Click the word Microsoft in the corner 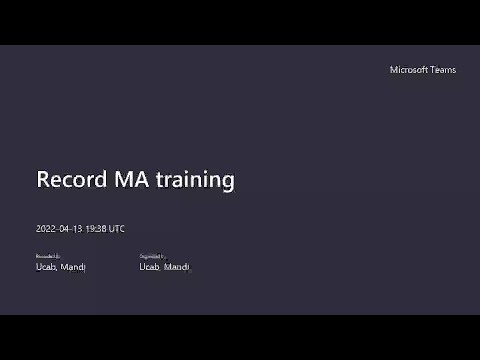[x=411, y=70]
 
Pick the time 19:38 [x=96, y=229]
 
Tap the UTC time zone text [x=117, y=229]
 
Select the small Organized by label [x=152, y=257]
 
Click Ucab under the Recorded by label [x=46, y=267]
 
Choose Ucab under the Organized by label [x=150, y=267]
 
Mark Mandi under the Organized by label [x=176, y=267]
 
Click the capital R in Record [x=43, y=180]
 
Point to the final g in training [x=228, y=183]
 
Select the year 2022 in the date [x=46, y=229]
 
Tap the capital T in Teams [x=434, y=70]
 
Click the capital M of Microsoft [x=393, y=70]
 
